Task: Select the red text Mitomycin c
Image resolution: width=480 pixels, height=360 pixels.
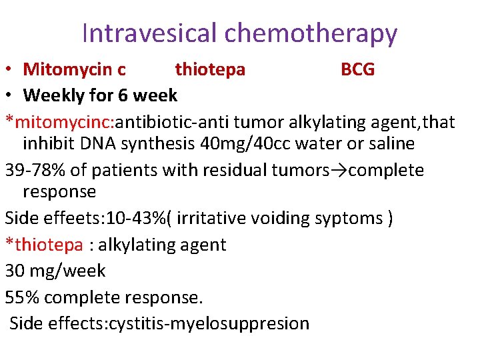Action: pos(74,69)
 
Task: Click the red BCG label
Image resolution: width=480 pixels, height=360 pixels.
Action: pos(357,69)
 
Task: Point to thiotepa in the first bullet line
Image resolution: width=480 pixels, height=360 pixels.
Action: pos(210,69)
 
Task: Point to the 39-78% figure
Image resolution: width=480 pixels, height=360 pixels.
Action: pos(35,171)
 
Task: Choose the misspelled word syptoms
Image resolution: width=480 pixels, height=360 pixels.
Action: pos(347,219)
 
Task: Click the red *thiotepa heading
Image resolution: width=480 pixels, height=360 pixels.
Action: pos(44,245)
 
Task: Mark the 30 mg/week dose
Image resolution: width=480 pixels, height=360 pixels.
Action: pos(55,271)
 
